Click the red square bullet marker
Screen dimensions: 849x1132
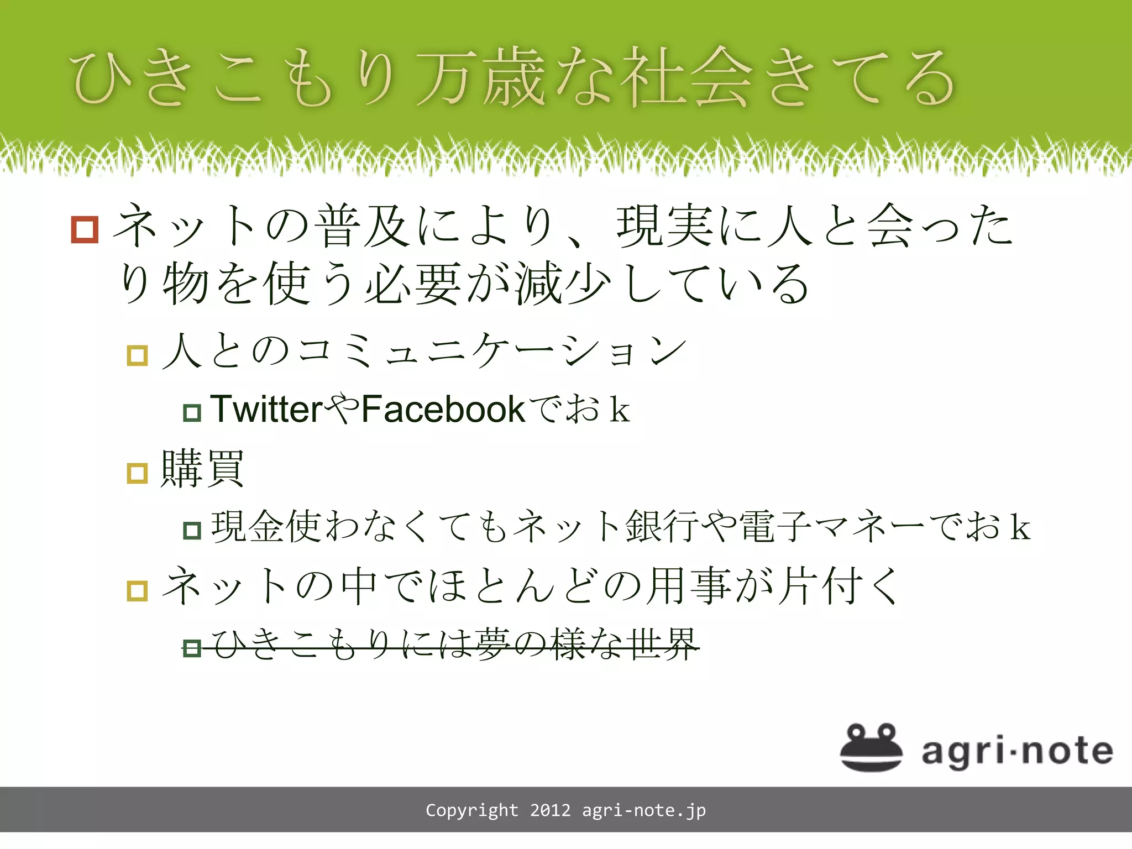(85, 229)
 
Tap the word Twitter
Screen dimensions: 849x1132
(266, 410)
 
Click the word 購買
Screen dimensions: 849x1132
(202, 469)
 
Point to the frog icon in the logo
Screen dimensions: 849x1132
(871, 747)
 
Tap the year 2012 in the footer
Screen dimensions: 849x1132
(550, 810)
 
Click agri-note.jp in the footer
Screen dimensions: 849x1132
(644, 810)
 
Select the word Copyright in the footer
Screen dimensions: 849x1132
(472, 810)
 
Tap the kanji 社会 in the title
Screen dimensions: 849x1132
(685, 77)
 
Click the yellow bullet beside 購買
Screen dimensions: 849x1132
(137, 473)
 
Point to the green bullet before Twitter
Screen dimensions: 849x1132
(192, 412)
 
